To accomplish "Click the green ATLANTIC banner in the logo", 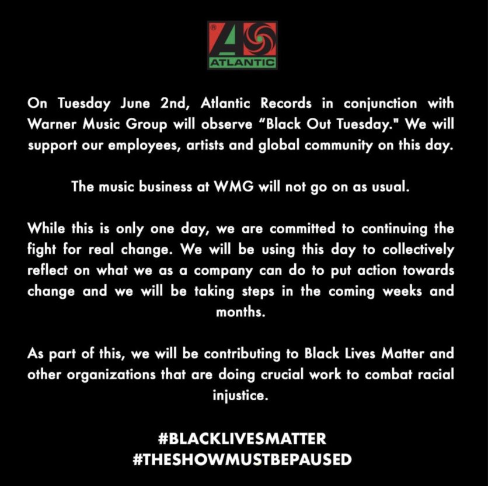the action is [242, 63].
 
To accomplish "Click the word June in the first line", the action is [135, 104].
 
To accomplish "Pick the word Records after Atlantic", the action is [285, 103].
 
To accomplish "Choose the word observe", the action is [226, 124].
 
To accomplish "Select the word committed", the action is [302, 229].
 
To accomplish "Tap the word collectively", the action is [419, 250].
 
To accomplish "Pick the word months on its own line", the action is [240, 312].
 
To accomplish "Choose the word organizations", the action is [111, 375].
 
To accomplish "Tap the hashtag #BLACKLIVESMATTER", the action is [242, 439].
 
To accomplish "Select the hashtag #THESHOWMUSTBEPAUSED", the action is [242, 460].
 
